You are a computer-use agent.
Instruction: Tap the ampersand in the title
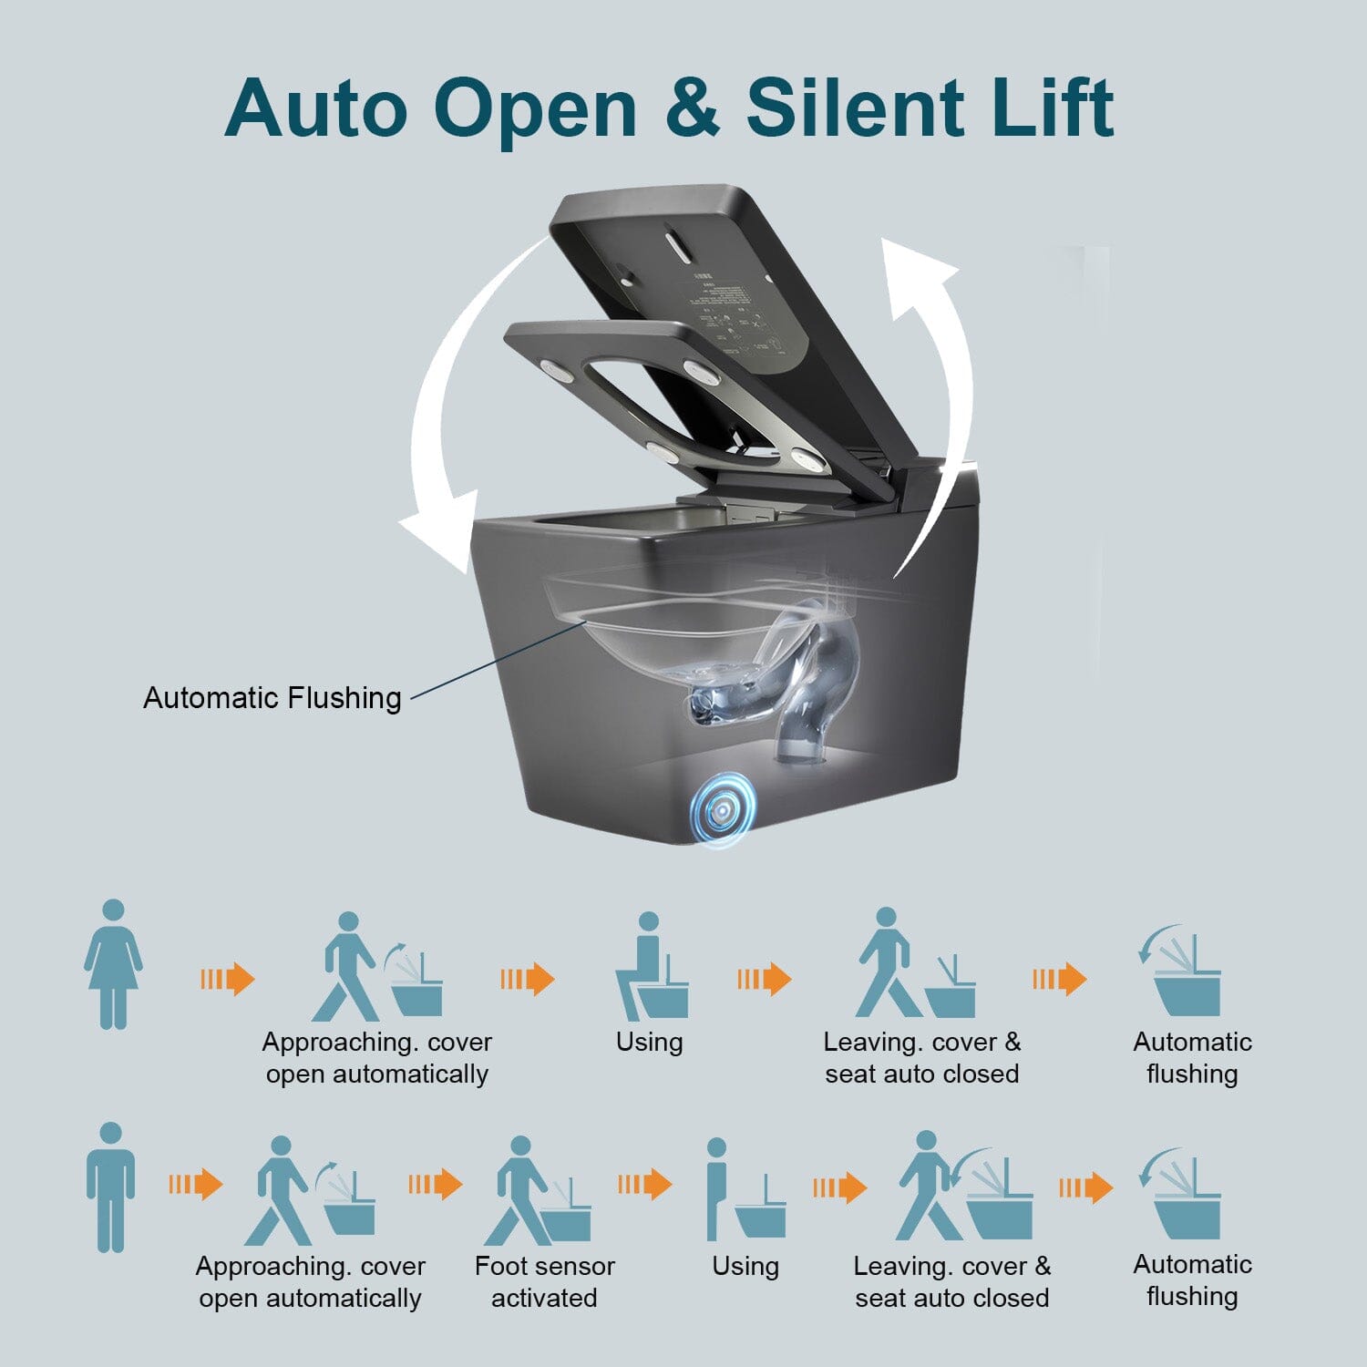point(691,108)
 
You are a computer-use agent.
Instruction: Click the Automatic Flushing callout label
point(272,698)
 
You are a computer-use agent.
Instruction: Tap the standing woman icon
point(113,964)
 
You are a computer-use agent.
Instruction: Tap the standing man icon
point(110,1187)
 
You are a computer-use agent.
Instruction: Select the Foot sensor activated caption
point(544,1281)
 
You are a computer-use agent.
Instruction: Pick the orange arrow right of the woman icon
point(228,980)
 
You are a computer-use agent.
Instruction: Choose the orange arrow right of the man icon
point(196,1185)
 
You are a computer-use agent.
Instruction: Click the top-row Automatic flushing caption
point(1192,1058)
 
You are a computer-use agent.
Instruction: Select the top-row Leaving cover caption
point(921,1058)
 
